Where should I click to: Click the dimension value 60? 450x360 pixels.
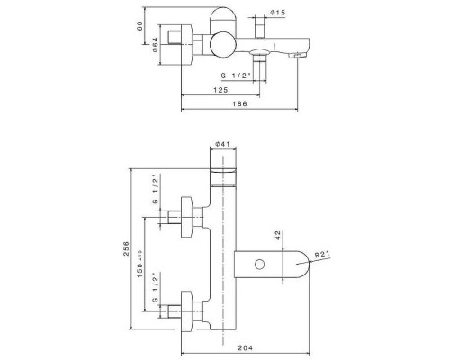(x=141, y=26)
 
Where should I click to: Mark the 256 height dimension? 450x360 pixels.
(x=128, y=250)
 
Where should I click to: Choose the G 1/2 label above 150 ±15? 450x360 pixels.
(x=155, y=190)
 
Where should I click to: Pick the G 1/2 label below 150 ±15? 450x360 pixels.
(x=155, y=287)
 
